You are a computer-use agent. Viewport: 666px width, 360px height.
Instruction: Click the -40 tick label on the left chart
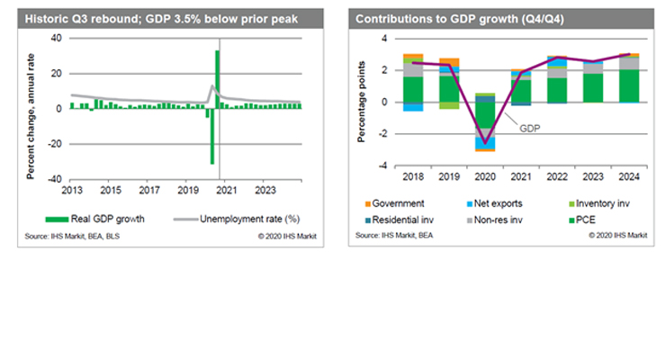pos(55,179)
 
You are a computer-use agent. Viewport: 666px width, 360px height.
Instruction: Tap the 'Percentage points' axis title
pos(362,104)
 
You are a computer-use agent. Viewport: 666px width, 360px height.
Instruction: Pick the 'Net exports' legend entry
pos(498,204)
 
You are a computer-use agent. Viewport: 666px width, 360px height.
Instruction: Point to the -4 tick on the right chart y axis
pos(383,166)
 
